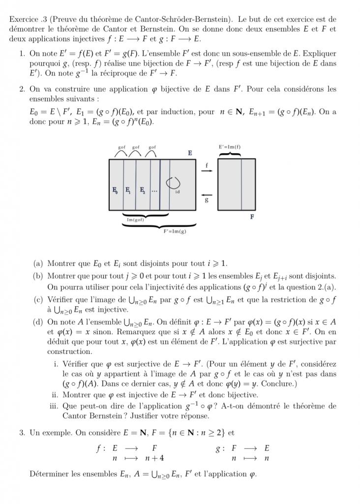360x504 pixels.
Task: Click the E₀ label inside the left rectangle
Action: point(115,189)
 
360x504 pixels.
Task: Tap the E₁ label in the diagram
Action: point(128,189)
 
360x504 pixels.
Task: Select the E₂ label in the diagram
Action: point(142,189)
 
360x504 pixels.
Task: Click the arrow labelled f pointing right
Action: point(207,171)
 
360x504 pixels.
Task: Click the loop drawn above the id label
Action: point(173,183)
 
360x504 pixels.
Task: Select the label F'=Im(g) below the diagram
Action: point(175,230)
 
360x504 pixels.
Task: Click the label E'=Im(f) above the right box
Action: point(230,147)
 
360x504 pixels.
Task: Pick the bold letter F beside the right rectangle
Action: point(252,217)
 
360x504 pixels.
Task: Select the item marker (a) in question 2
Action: point(38,263)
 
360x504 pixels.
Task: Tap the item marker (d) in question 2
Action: point(38,322)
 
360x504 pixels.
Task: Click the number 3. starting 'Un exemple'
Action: point(22,433)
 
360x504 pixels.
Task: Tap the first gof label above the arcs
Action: point(122,147)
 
